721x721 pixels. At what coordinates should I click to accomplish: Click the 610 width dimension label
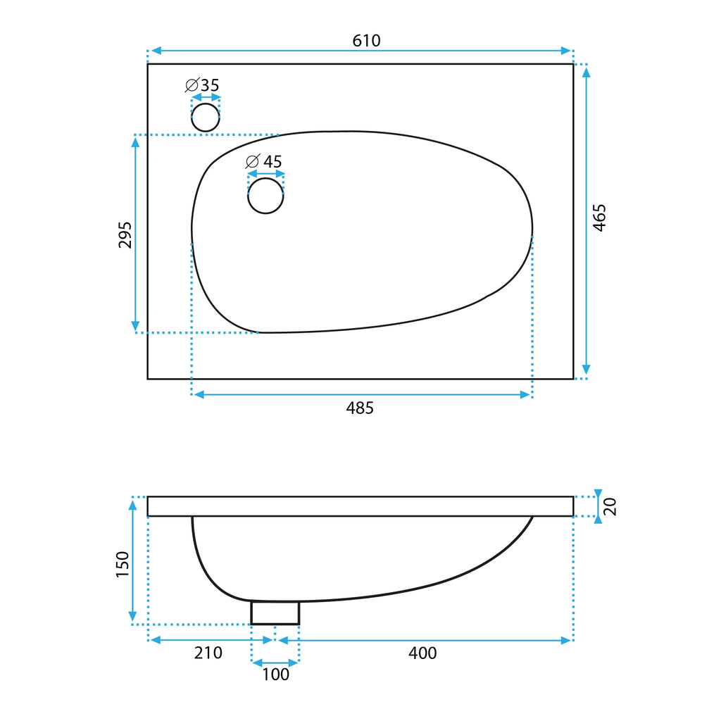pos(366,41)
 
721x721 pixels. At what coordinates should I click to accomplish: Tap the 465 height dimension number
pos(599,218)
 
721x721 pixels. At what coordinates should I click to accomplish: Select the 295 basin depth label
pos(125,235)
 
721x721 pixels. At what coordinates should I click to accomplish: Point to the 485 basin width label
pos(360,408)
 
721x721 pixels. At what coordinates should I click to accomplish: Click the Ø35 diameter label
pos(202,85)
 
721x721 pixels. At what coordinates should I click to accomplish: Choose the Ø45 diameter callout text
pos(263,161)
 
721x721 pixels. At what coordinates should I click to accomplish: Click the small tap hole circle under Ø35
pos(206,118)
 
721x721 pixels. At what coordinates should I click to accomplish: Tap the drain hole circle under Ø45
pos(265,196)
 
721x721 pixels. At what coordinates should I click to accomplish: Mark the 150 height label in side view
pos(123,564)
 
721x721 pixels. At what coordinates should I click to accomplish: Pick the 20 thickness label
pos(610,506)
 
